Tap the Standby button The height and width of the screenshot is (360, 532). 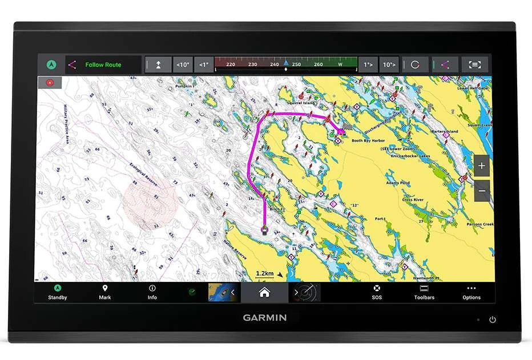click(57, 292)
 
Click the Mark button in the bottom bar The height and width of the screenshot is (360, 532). click(105, 292)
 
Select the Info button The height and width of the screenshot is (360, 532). click(152, 292)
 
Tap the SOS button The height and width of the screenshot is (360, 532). click(377, 292)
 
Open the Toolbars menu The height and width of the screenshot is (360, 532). click(424, 292)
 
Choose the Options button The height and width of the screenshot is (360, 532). click(471, 292)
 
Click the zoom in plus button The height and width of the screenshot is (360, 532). click(482, 166)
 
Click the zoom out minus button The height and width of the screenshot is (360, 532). click(482, 191)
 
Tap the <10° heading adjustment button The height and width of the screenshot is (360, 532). click(182, 65)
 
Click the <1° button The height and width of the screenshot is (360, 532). click(203, 65)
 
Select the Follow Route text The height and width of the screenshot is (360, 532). click(103, 65)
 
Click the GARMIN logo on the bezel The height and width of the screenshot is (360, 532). click(265, 318)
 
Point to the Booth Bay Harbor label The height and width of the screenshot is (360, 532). click(368, 140)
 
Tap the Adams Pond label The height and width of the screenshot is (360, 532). click(397, 183)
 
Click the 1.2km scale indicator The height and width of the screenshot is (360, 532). click(265, 274)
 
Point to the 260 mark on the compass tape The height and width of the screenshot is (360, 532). click(319, 64)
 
